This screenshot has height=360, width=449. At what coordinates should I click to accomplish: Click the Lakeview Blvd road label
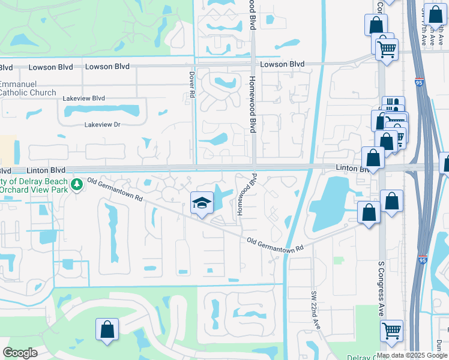click(x=86, y=98)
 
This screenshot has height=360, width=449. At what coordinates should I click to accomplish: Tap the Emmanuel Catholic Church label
click(x=26, y=89)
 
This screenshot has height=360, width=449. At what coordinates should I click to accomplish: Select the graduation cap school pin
click(x=202, y=204)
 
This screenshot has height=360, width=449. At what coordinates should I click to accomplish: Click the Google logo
click(x=20, y=353)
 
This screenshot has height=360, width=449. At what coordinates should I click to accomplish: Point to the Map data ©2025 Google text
click(x=412, y=355)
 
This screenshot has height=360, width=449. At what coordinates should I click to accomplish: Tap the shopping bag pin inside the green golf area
click(x=107, y=329)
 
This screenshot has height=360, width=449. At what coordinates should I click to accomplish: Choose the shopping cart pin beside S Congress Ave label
click(x=391, y=330)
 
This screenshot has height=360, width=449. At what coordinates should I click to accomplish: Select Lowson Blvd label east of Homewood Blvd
click(x=282, y=64)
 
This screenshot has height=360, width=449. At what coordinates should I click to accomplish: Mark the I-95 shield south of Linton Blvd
click(x=423, y=260)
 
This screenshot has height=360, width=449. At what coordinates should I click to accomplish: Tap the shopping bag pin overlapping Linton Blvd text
click(x=373, y=158)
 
